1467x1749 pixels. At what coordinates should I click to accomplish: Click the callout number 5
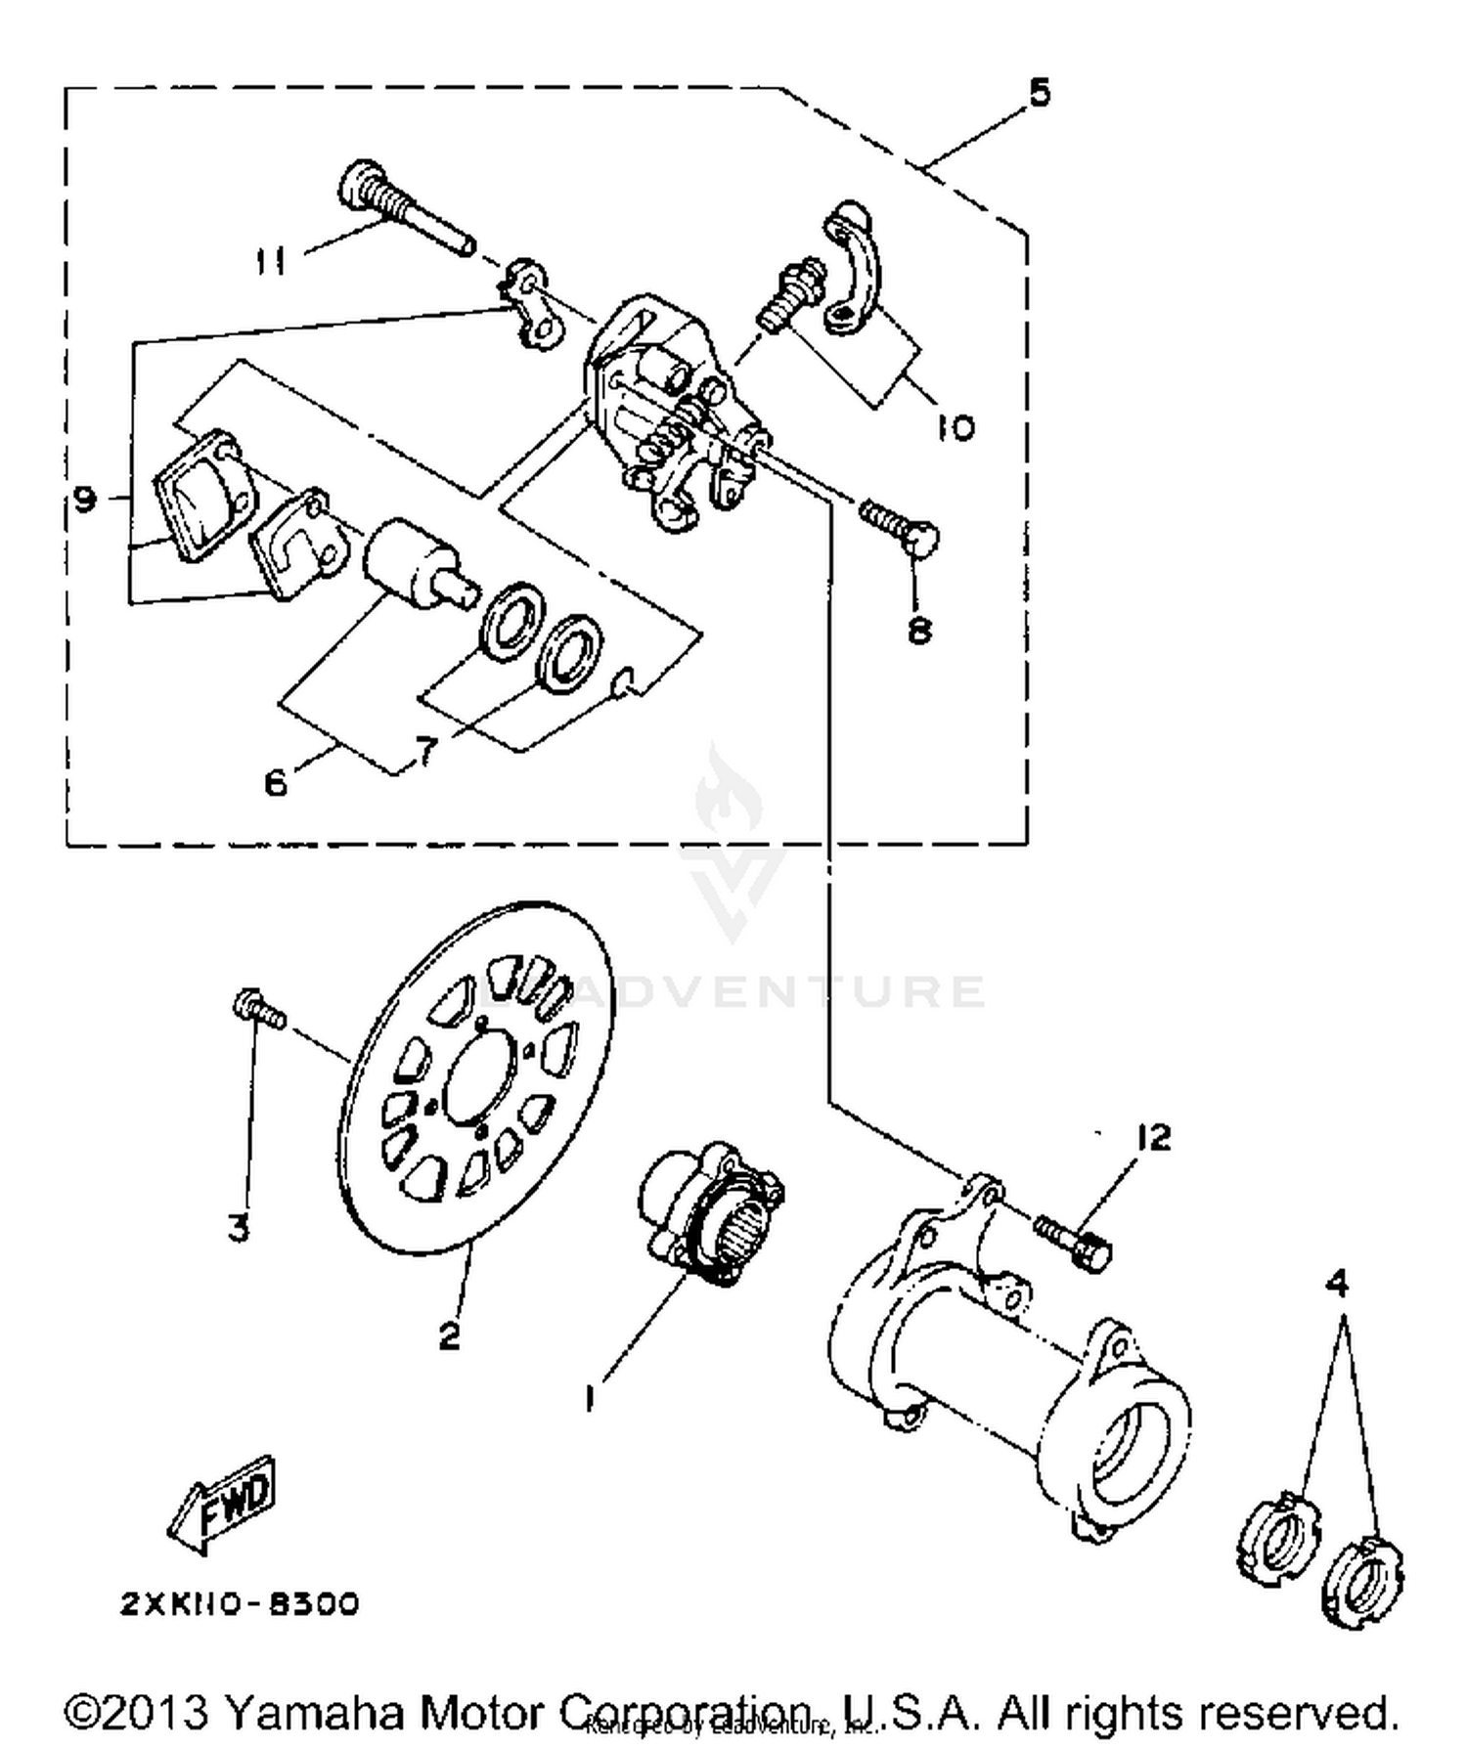[1039, 93]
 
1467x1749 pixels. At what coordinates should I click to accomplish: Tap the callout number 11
[272, 262]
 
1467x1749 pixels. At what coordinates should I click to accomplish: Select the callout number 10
[955, 427]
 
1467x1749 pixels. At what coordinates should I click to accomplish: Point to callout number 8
[918, 631]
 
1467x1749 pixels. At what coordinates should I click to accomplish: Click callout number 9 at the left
[85, 501]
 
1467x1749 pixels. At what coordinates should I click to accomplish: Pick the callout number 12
[1154, 1138]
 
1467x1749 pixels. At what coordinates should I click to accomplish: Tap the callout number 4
[1337, 1282]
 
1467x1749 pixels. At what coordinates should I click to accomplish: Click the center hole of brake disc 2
[480, 1081]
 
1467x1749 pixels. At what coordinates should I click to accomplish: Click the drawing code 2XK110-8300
[241, 1604]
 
